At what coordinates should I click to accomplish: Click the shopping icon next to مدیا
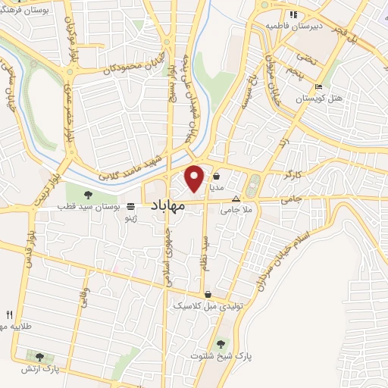pos(217,173)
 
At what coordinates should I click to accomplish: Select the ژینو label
pos(133,217)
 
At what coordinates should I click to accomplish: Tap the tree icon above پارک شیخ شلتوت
pos(221,343)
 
